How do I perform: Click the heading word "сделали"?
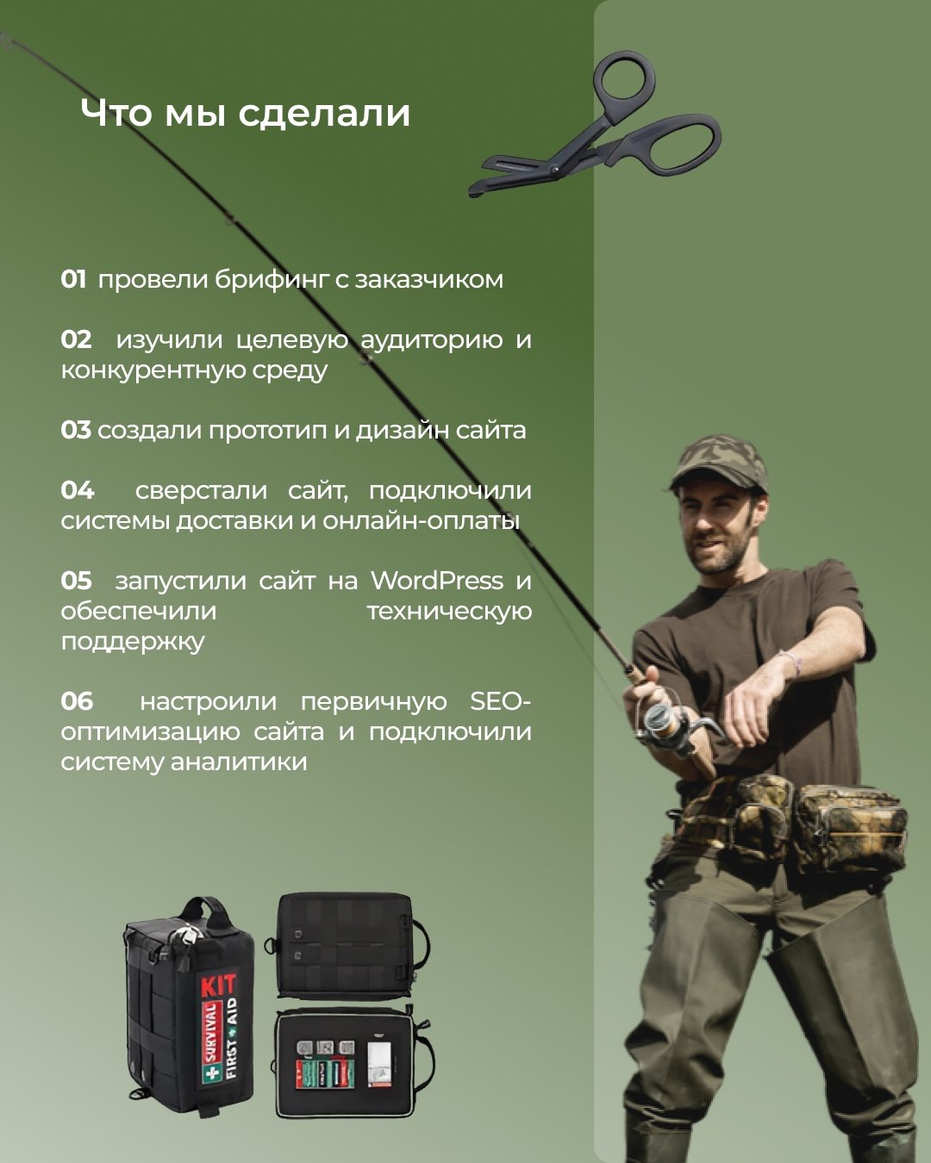[x=324, y=114]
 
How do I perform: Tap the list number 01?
[x=73, y=279]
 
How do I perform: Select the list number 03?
[x=75, y=430]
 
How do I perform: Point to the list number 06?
[x=77, y=701]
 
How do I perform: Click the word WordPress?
[x=437, y=581]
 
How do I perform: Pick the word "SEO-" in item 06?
[x=500, y=701]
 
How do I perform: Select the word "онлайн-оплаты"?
[x=422, y=521]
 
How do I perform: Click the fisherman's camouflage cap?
[x=720, y=463]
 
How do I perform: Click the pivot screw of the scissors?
[x=553, y=171]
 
